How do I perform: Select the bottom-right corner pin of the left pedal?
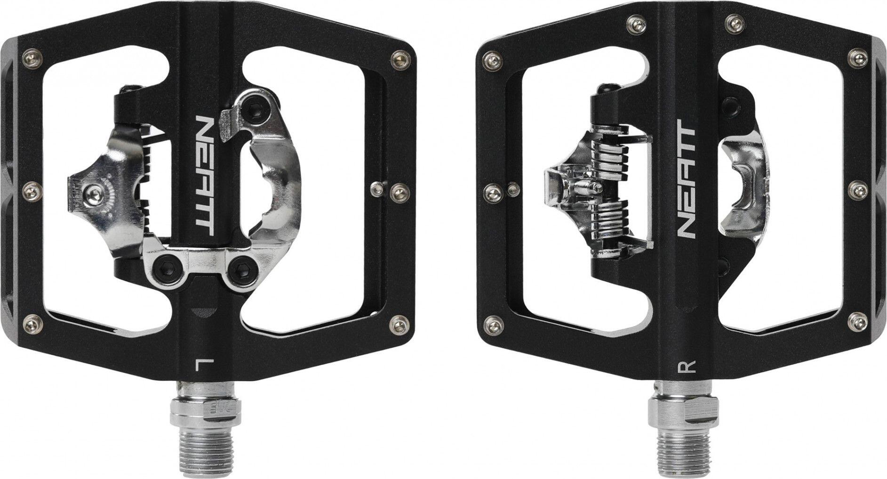pyautogui.click(x=398, y=323)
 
